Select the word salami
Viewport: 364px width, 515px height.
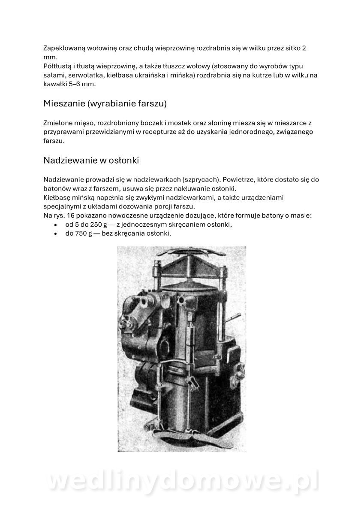click(54, 75)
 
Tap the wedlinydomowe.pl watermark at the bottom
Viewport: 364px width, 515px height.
click(182, 481)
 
